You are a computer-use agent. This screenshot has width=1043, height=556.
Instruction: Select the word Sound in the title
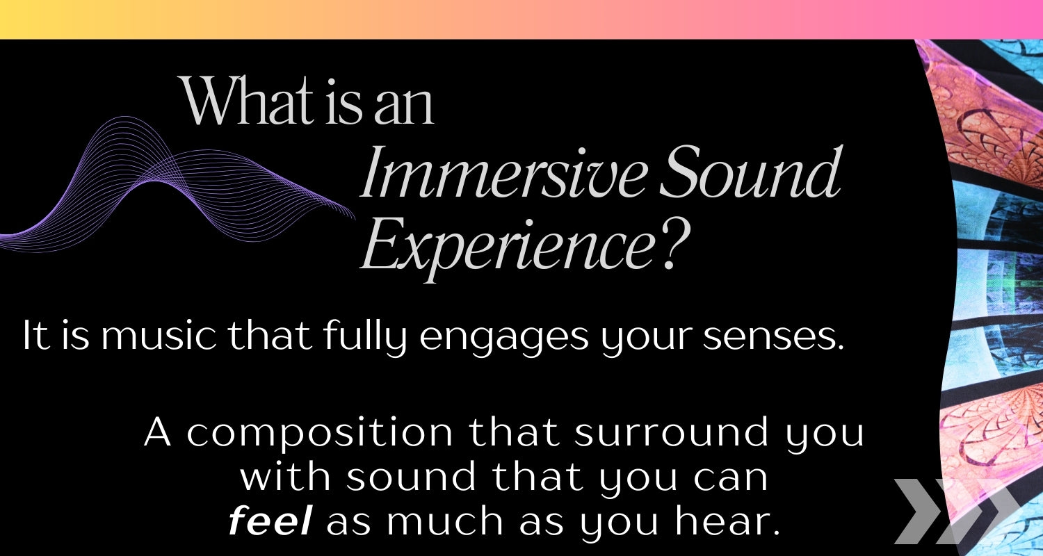click(x=750, y=171)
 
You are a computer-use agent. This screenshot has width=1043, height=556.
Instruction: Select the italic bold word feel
click(x=270, y=521)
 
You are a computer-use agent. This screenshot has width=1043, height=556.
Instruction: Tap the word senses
click(x=773, y=336)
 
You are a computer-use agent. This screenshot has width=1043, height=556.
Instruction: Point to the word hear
click(x=727, y=521)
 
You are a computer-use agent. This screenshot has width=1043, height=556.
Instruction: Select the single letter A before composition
click(x=157, y=432)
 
